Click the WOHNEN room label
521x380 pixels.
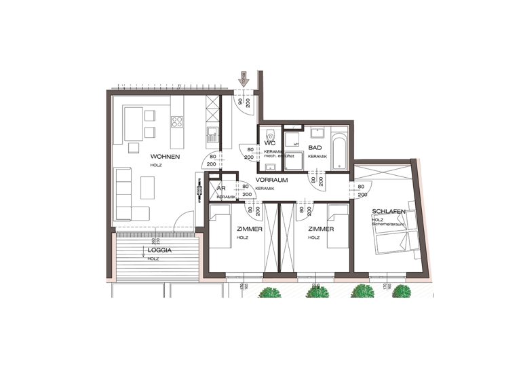165,157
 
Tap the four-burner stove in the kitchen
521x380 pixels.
178,122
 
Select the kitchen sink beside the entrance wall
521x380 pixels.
212,134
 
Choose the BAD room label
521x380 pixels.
315,147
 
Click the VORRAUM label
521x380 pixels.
272,180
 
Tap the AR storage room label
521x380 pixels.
221,189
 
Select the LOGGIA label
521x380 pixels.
159,250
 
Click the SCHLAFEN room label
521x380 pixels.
388,212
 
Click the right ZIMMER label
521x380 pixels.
320,229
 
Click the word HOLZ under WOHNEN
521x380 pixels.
156,166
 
